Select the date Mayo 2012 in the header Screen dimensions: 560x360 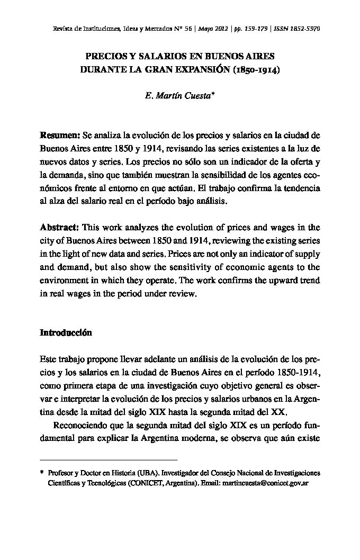click(214, 29)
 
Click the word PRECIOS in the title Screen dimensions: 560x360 click(104, 56)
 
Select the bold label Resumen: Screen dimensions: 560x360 click(60, 136)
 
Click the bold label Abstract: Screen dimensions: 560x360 click(60, 227)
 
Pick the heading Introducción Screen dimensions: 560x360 click(66, 332)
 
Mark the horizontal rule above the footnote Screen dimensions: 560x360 click(109, 459)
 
